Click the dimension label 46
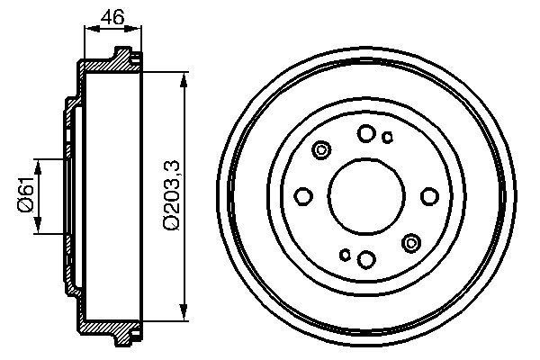click(112, 15)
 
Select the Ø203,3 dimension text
click(171, 195)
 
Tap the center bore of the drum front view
click(365, 196)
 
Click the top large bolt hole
click(365, 133)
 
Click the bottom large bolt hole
click(365, 259)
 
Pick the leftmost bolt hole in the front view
click(303, 196)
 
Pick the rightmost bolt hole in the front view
click(428, 196)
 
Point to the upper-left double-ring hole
click(321, 151)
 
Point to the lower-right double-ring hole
click(411, 241)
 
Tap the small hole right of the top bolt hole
click(387, 138)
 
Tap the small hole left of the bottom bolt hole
click(345, 255)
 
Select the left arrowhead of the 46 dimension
click(88, 31)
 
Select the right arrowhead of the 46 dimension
click(137, 31)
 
